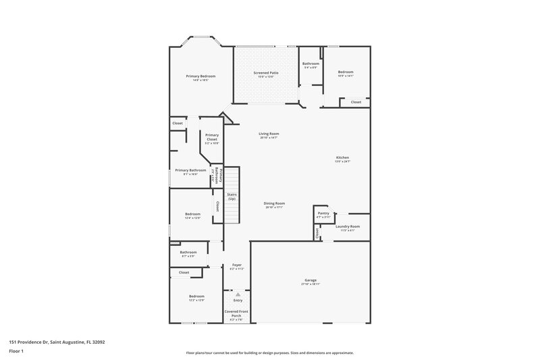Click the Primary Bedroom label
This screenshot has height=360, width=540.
[196, 76]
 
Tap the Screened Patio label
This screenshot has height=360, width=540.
[266, 72]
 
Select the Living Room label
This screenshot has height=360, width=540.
[269, 134]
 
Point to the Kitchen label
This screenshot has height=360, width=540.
[343, 157]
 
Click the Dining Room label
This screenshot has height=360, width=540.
[274, 203]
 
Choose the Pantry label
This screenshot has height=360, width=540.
[323, 213]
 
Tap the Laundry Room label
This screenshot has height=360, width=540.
[348, 226]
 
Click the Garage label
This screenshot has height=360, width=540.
[310, 280]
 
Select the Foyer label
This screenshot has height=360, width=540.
[237, 265]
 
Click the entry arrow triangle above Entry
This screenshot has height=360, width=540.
[238, 294]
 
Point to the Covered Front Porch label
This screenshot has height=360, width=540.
[236, 313]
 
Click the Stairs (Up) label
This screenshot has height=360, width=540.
[232, 197]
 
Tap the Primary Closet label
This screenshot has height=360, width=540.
[212, 137]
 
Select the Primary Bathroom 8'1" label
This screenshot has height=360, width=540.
[190, 170]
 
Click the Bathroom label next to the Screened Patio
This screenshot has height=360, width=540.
[310, 63]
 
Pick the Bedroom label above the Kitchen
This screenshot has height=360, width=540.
[345, 72]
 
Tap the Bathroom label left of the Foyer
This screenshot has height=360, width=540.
[188, 252]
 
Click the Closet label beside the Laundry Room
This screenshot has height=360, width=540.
[316, 233]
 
